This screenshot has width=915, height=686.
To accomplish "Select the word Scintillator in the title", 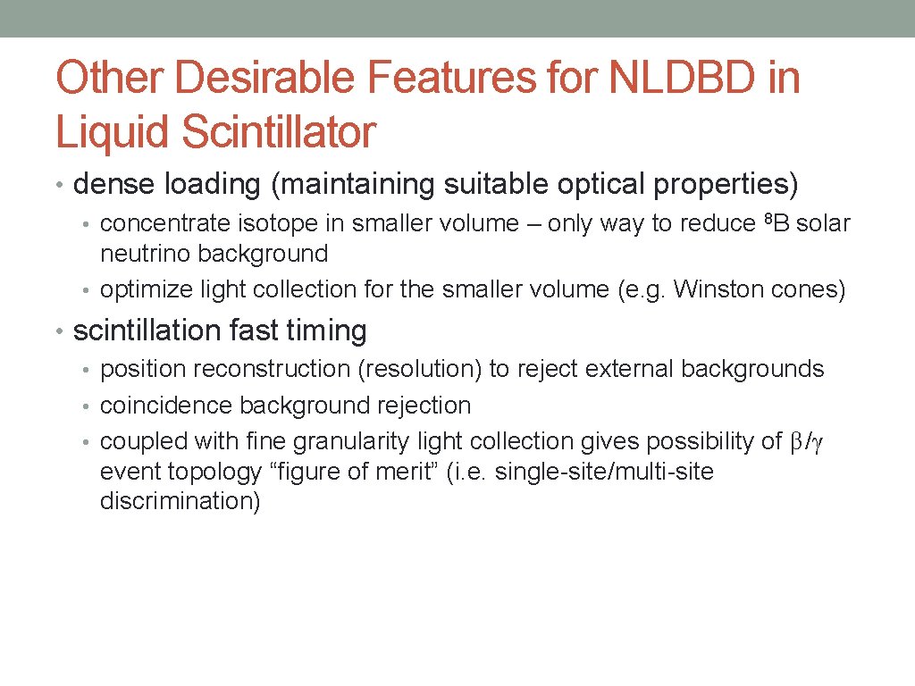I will click(279, 131).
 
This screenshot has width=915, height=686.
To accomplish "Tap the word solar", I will click(823, 223).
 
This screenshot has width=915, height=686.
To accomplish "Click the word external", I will click(633, 369).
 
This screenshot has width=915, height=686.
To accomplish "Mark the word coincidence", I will click(165, 406).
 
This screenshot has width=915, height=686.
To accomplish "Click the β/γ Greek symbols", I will click(808, 442).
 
